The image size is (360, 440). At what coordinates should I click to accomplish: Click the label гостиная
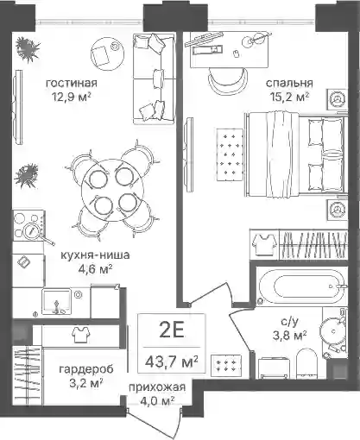pyautogui.click(x=72, y=83)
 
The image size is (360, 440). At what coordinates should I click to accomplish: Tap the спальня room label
pyautogui.click(x=289, y=83)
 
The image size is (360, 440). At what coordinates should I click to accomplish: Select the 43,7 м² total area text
pyautogui.click(x=172, y=361)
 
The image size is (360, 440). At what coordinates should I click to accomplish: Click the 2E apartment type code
pyautogui.click(x=172, y=330)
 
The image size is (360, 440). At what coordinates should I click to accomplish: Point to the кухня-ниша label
pyautogui.click(x=95, y=255)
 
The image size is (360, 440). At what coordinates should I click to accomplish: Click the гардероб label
pyautogui.click(x=86, y=369)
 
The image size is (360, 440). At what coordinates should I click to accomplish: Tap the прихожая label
pyautogui.click(x=157, y=387)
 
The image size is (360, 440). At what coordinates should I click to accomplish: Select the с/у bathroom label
pyautogui.click(x=289, y=322)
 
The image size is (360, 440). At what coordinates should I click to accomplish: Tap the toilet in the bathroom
pyautogui.click(x=306, y=364)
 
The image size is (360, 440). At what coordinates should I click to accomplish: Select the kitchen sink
pyautogui.click(x=56, y=302)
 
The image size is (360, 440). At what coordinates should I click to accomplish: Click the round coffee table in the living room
pyautogui.click(x=107, y=54)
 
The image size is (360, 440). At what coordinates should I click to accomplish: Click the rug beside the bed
pyautogui.click(x=230, y=154)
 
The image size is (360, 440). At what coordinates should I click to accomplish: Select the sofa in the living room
pyautogui.click(x=155, y=79)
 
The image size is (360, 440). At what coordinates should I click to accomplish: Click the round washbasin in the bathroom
pyautogui.click(x=333, y=331)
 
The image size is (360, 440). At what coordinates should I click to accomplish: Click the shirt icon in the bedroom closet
pyautogui.click(x=264, y=244)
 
